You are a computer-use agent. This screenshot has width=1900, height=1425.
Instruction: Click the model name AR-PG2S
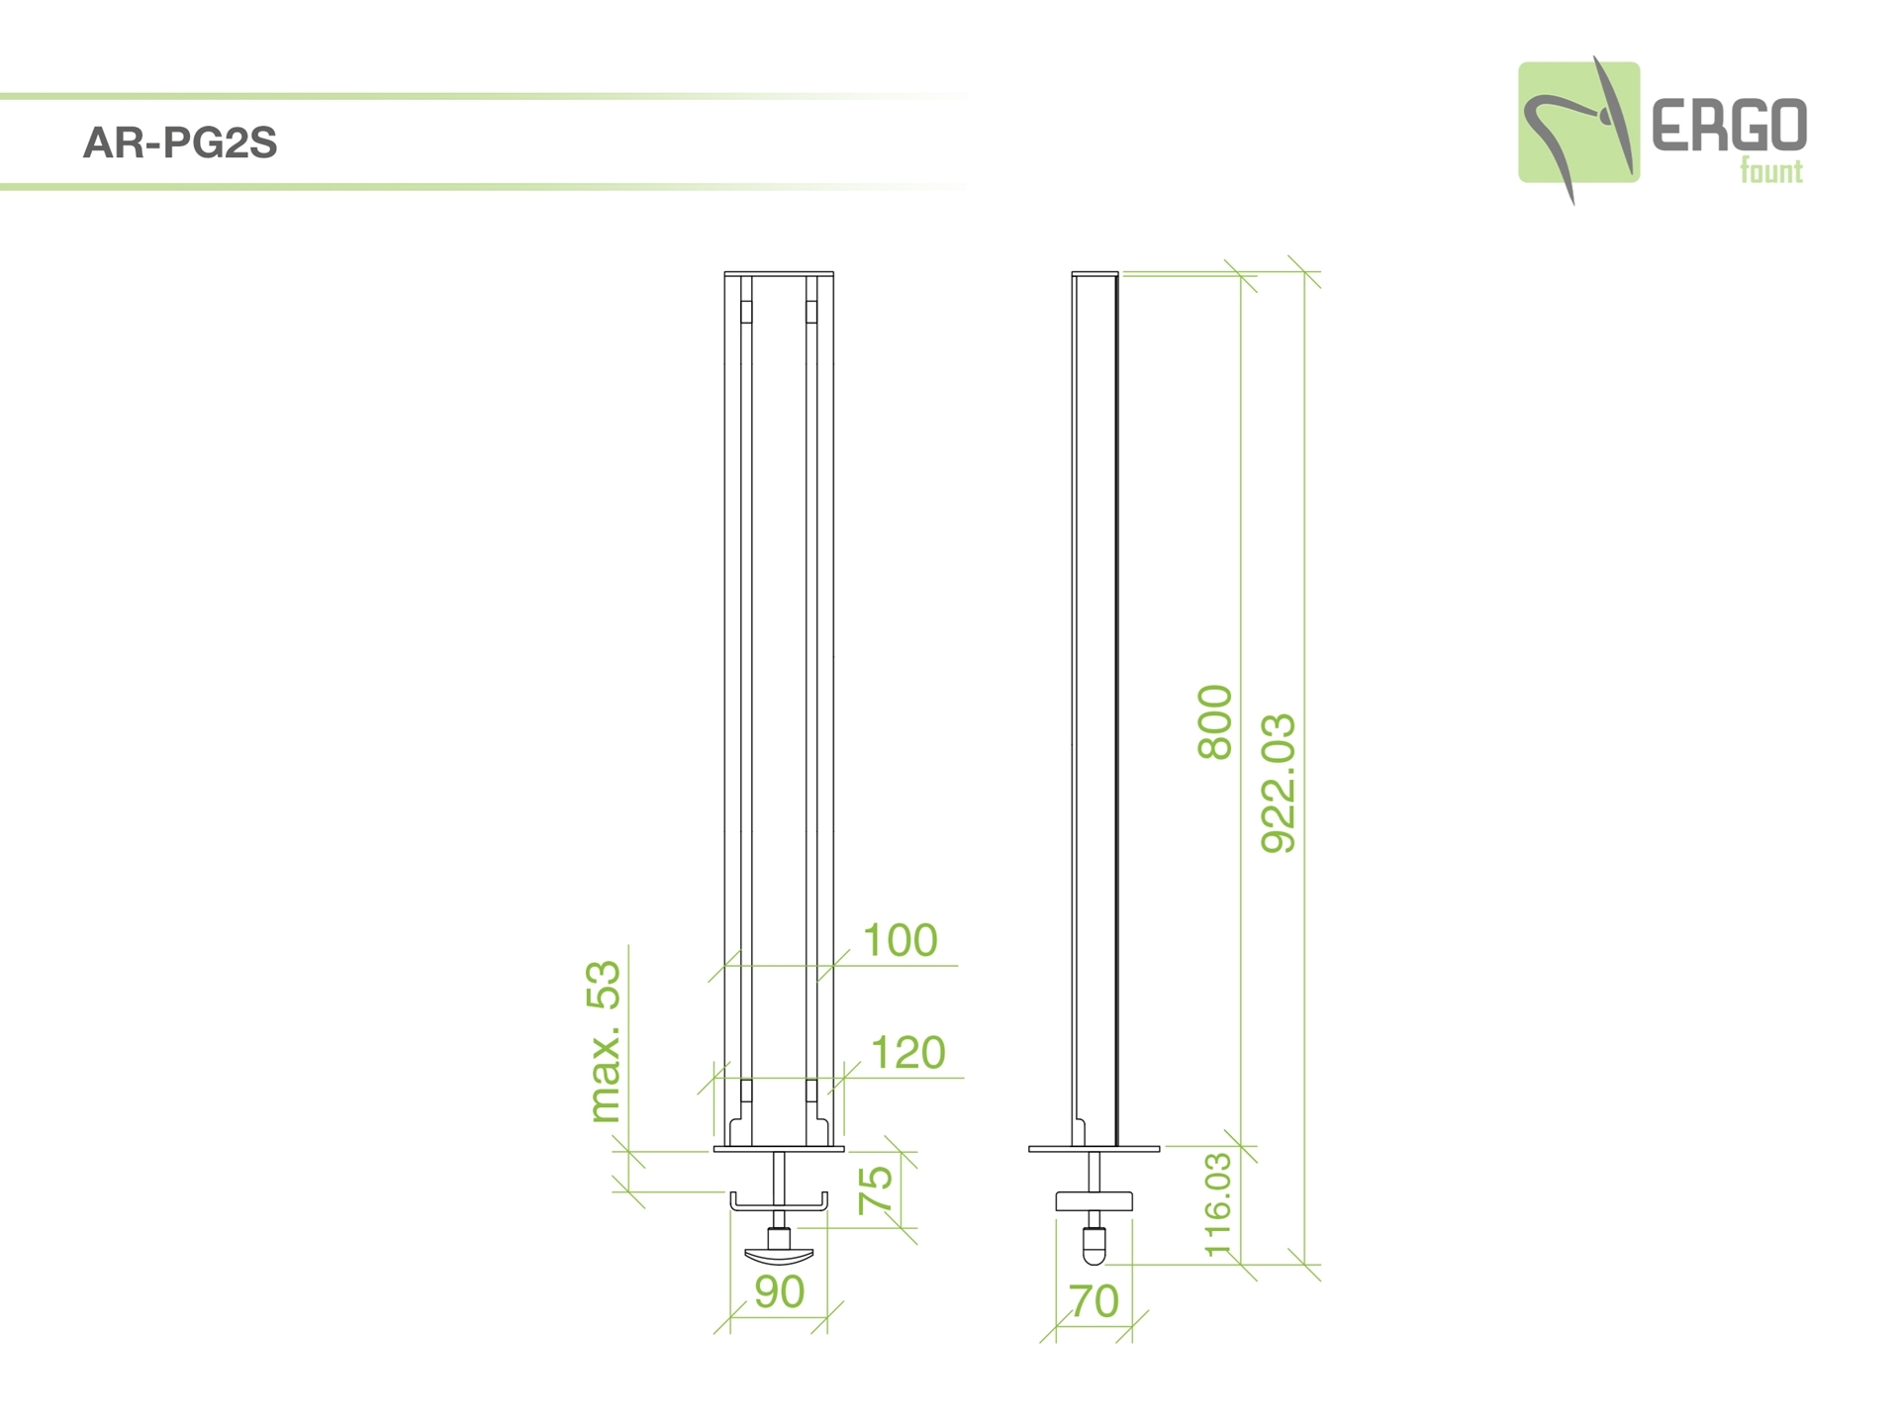pos(180,143)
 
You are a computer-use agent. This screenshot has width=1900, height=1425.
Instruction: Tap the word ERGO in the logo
pos(1729,125)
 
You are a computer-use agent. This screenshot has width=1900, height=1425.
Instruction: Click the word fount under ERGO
pos(1771,171)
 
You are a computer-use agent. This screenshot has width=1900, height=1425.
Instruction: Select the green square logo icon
pos(1578,123)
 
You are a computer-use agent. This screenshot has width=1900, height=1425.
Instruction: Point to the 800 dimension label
pos(1215,722)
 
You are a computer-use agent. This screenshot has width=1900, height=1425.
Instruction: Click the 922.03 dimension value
pos(1278,783)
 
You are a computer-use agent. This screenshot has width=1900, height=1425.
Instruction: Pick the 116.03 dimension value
pos(1218,1204)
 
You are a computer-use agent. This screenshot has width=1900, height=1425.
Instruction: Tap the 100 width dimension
pos(900,940)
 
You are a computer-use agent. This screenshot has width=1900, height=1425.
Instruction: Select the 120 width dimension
pos(907,1053)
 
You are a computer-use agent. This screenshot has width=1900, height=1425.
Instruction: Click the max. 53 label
pos(605,1042)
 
